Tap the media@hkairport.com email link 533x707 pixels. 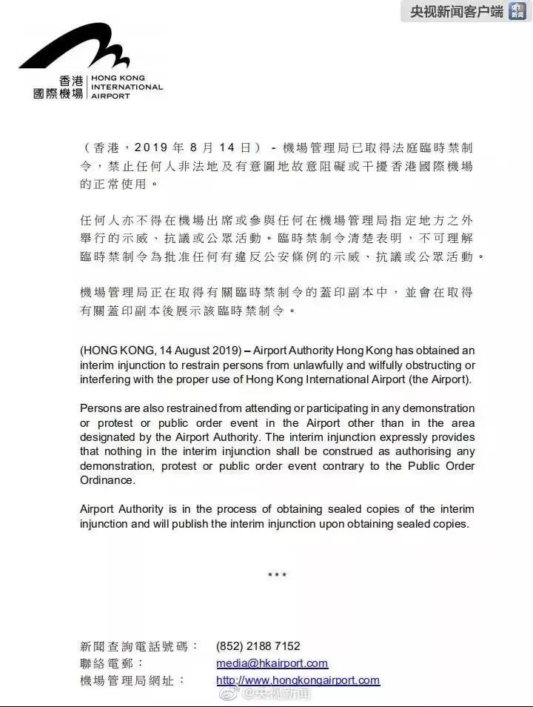pyautogui.click(x=272, y=663)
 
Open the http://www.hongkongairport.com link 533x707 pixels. pyautogui.click(x=298, y=680)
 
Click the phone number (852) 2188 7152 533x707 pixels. pyautogui.click(x=258, y=646)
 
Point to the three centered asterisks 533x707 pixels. pyautogui.click(x=277, y=575)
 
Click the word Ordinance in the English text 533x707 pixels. pyautogui.click(x=105, y=479)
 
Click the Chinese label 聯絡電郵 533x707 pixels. pyautogui.click(x=112, y=663)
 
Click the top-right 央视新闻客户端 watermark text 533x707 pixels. pyautogui.click(x=457, y=11)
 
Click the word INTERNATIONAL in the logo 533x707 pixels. pyautogui.click(x=127, y=87)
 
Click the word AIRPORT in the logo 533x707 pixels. pyautogui.click(x=110, y=96)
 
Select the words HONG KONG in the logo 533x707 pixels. pyautogui.click(x=118, y=78)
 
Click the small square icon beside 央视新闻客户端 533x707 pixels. pyautogui.click(x=517, y=11)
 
